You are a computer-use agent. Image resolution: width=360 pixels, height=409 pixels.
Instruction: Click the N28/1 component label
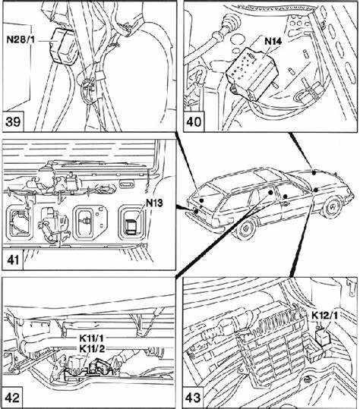[21, 39]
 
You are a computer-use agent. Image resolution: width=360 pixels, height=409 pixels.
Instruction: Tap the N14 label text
[273, 41]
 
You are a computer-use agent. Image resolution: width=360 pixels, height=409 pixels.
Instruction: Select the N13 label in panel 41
[154, 203]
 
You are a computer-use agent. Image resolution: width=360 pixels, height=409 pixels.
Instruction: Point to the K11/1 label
[91, 338]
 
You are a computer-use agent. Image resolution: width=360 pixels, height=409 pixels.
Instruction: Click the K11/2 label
[92, 348]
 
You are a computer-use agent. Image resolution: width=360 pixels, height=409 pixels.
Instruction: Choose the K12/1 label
[324, 316]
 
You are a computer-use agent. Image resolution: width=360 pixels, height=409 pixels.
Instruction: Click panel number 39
[13, 121]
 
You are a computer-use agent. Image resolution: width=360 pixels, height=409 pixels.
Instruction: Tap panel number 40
[194, 121]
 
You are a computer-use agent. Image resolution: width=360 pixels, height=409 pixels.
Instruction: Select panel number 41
[12, 260]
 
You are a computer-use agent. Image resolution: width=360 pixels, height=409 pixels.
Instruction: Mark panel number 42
[12, 398]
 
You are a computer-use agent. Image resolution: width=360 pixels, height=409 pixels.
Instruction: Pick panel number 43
[193, 398]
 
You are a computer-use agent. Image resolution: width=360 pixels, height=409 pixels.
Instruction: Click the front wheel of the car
[245, 228]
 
